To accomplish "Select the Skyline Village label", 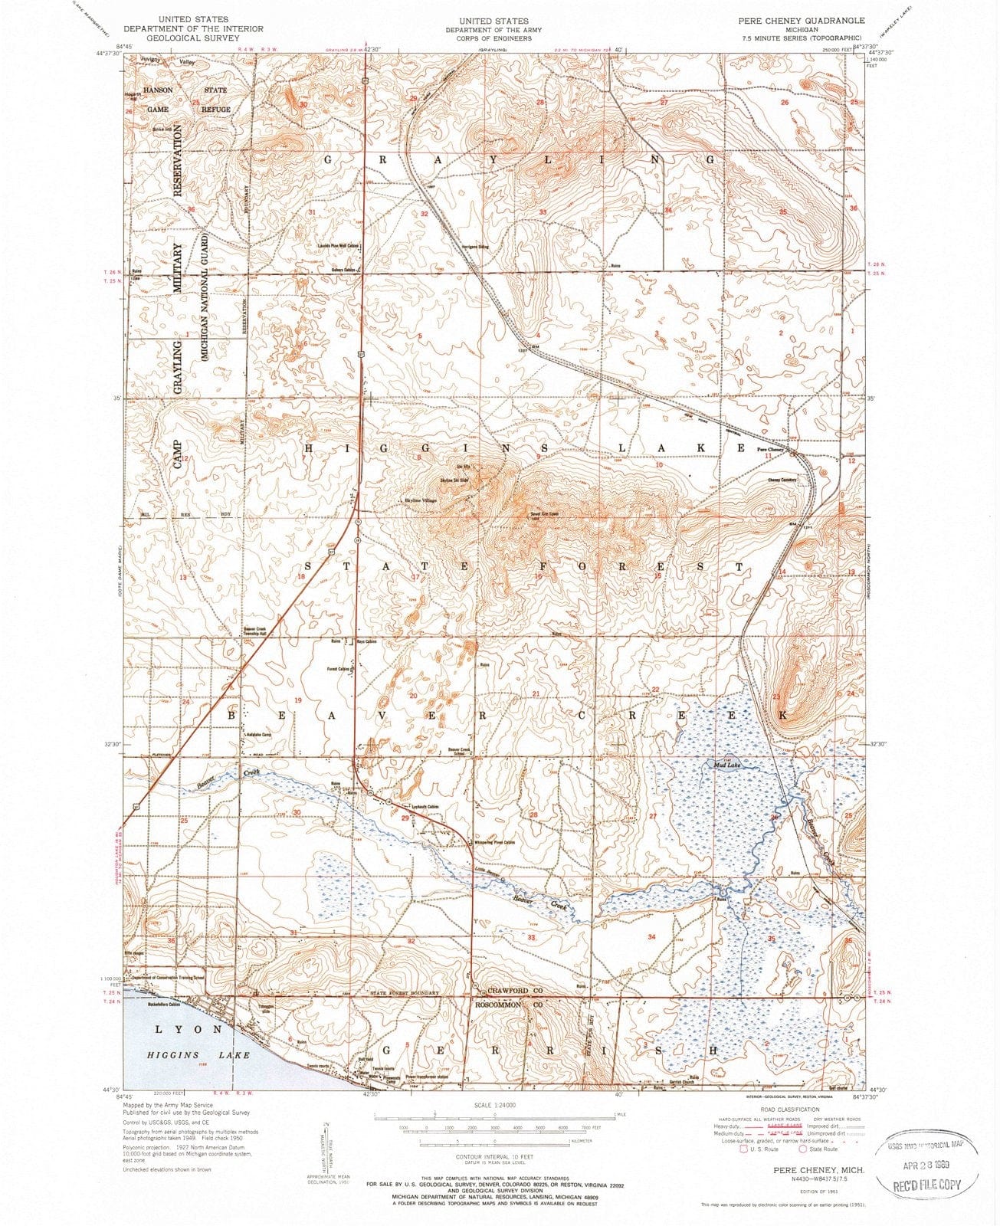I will click(420, 500).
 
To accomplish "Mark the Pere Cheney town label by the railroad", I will click(769, 449).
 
